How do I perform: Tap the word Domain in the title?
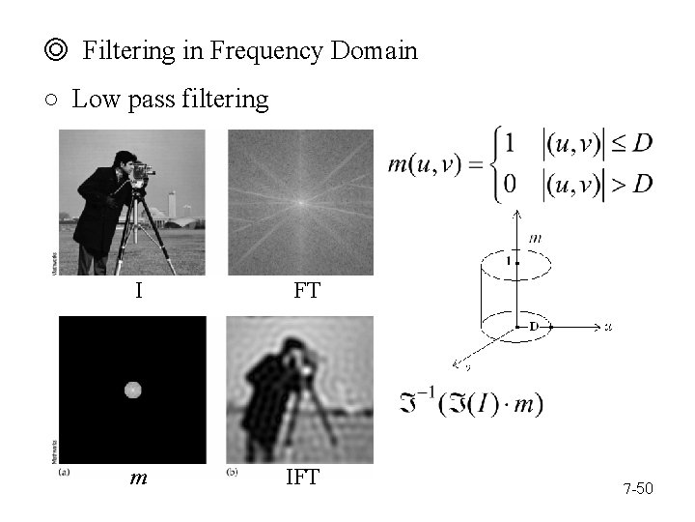tap(374, 51)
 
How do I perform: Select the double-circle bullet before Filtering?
tap(58, 51)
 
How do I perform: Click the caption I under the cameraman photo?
tap(139, 289)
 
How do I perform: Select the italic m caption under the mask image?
tap(138, 478)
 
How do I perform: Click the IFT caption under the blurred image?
tap(302, 478)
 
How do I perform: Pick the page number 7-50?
tap(638, 489)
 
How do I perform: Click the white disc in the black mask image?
tap(133, 390)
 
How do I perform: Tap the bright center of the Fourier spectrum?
tap(300, 202)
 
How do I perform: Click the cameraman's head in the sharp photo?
tap(123, 159)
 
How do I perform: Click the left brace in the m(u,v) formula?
tap(500, 166)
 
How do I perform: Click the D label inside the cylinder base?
tap(533, 327)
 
